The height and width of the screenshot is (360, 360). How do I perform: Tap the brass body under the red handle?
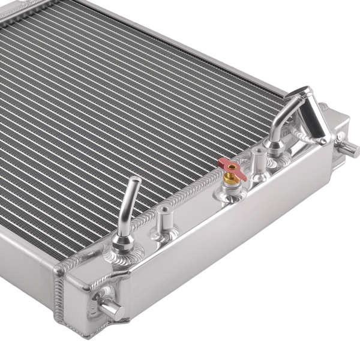pos(230,179)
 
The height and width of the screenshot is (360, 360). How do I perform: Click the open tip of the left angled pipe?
pos(136,180)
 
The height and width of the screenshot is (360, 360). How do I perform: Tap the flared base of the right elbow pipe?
pos(275,146)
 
